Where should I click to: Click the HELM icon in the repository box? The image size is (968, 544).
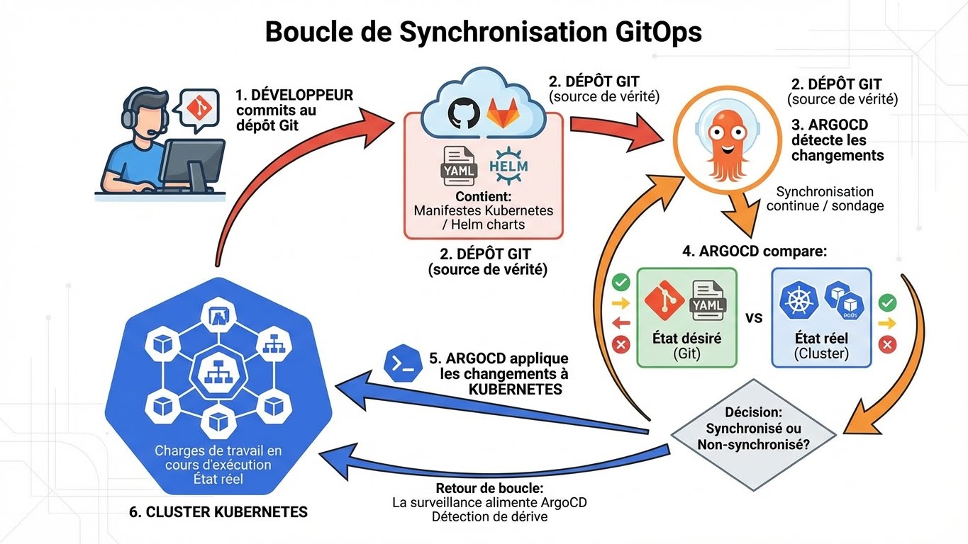coord(508,161)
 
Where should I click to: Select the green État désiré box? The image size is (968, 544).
coord(686,317)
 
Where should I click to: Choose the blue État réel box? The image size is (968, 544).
coord(821,317)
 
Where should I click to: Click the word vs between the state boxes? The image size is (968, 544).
coord(754,317)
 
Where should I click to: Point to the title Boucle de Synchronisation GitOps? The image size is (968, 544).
coord(484,33)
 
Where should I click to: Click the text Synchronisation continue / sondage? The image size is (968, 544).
coord(825,198)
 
